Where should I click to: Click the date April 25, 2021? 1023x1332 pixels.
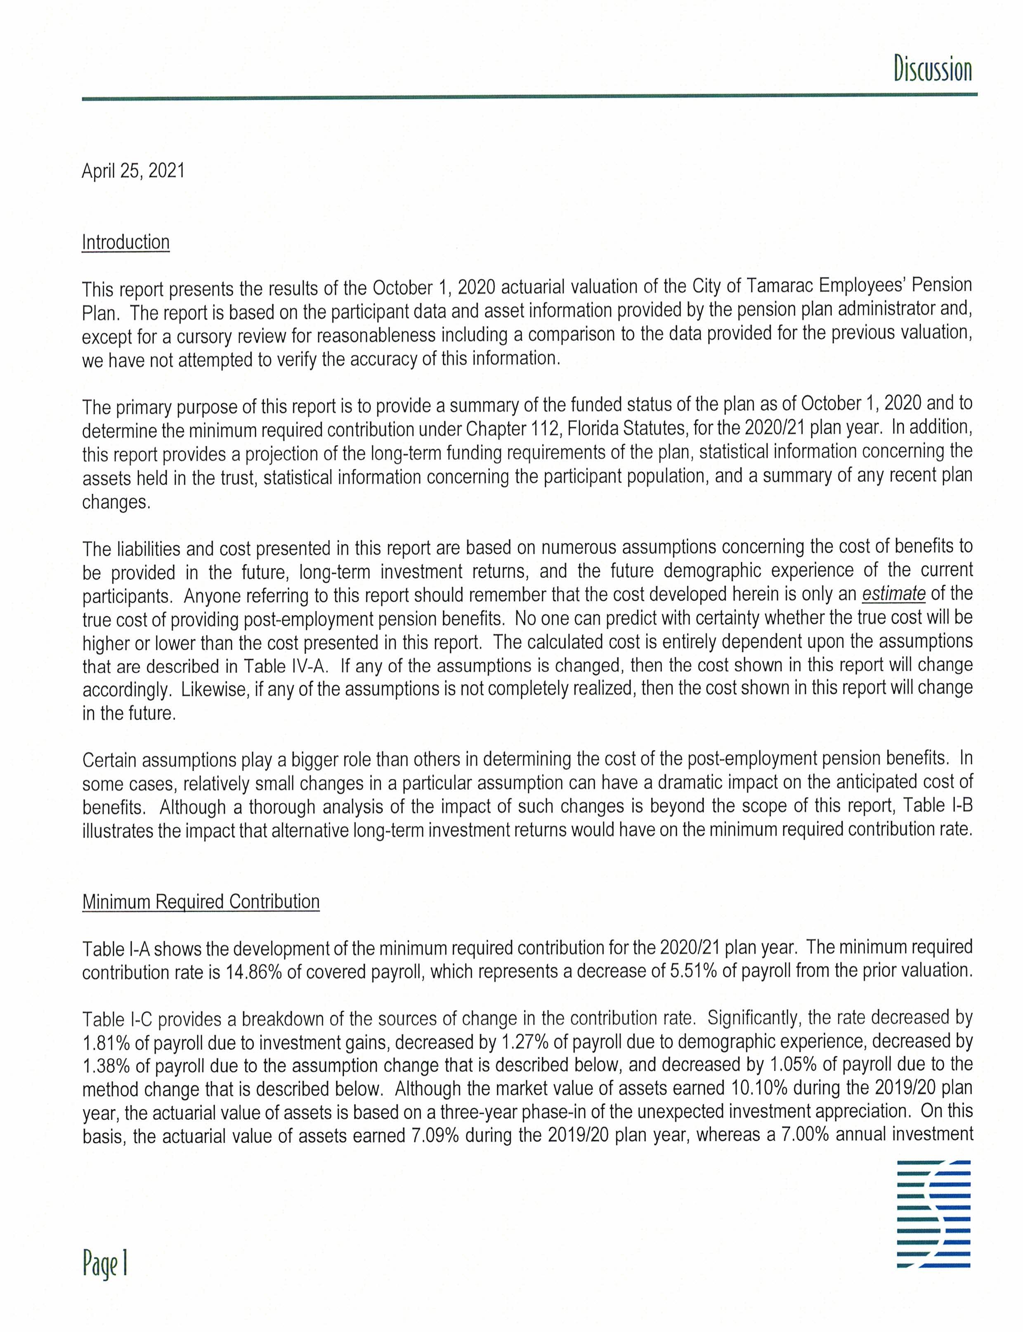tap(133, 171)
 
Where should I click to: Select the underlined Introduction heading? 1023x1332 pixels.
tap(125, 242)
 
